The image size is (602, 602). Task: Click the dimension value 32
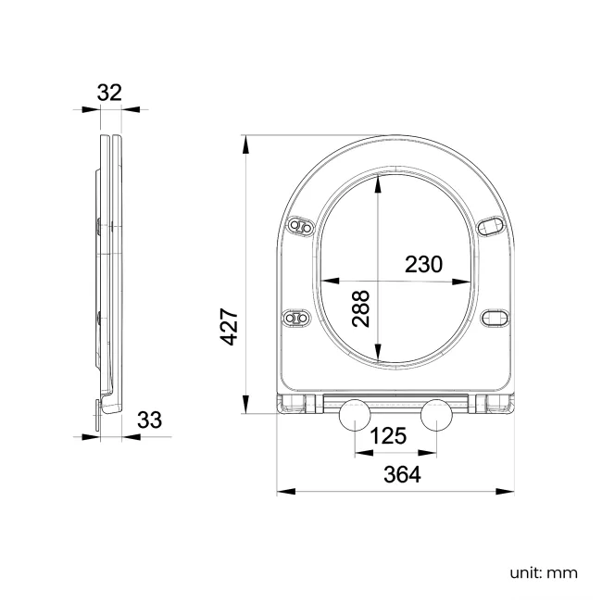click(109, 92)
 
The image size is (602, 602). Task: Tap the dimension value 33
click(149, 420)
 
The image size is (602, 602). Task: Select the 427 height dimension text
click(231, 327)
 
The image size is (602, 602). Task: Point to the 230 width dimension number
click(424, 264)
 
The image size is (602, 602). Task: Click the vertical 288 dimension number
click(361, 308)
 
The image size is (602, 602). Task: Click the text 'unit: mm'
click(544, 572)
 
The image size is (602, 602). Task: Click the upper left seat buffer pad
click(301, 226)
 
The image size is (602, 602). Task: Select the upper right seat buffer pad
click(492, 226)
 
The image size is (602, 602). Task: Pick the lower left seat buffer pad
click(296, 317)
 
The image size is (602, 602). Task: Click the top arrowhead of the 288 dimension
click(378, 183)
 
